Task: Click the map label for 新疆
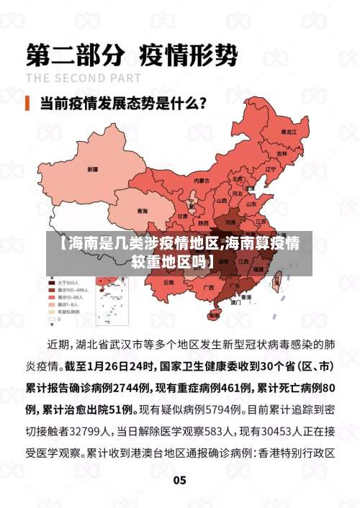pyautogui.click(x=93, y=169)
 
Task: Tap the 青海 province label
pyautogui.click(x=142, y=211)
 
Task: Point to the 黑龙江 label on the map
pyautogui.click(x=289, y=132)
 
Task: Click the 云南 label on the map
pyautogui.click(x=168, y=282)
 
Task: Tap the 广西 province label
pyautogui.click(x=209, y=287)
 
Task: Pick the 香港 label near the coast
pyautogui.click(x=246, y=296)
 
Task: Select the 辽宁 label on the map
pyautogui.click(x=271, y=169)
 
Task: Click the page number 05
pyautogui.click(x=179, y=480)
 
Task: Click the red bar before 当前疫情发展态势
pyautogui.click(x=28, y=102)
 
